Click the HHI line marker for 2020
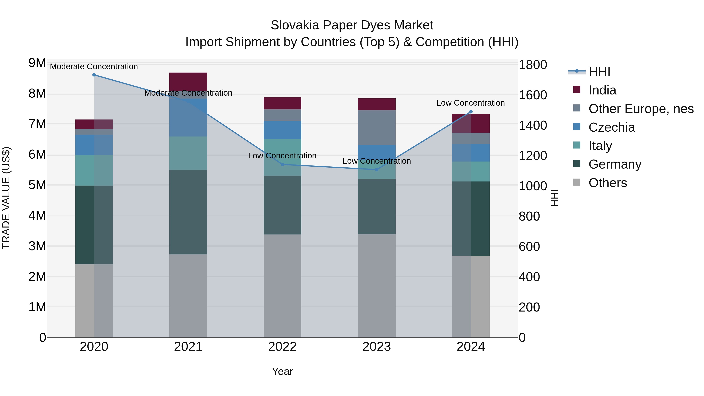94,75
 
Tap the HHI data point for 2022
282,164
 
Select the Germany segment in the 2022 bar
282,205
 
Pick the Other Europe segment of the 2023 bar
377,128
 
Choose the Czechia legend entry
612,127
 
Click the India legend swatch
577,90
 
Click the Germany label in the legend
615,164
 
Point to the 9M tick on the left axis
37,63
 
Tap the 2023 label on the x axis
377,347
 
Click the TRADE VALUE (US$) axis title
6,198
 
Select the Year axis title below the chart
282,371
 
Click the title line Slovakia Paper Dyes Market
352,25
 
